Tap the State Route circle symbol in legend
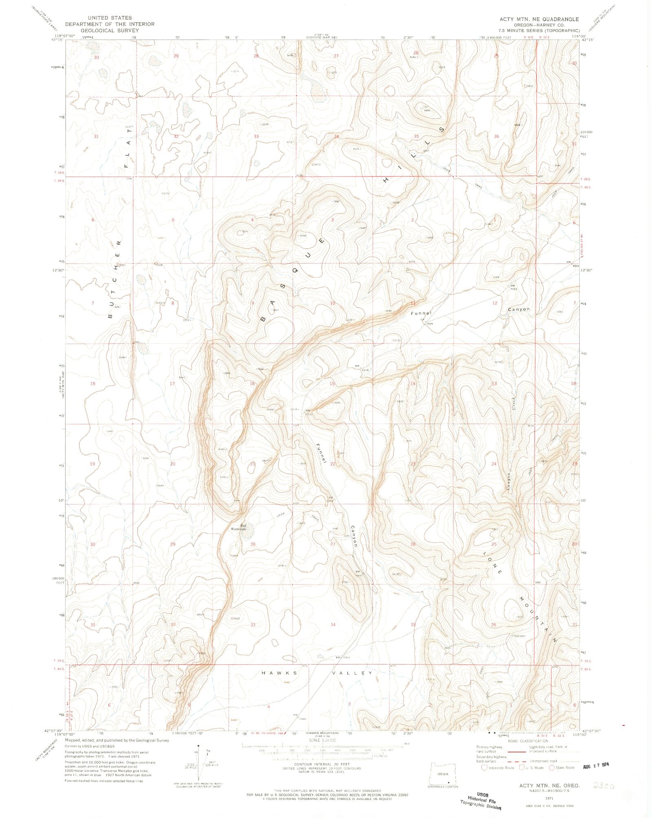552,767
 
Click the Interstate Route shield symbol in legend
484,767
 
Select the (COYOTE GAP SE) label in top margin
322,37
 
